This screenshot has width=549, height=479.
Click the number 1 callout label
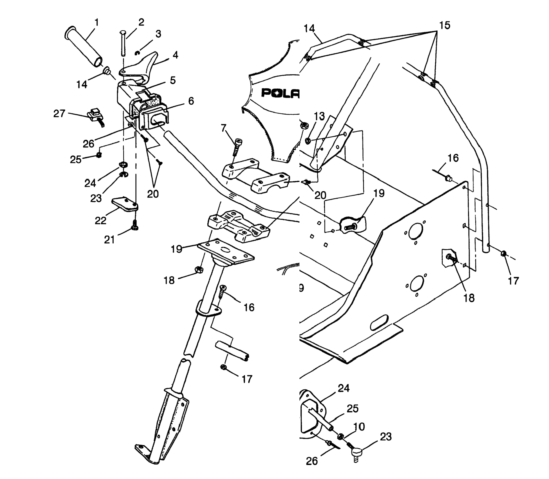[97, 22]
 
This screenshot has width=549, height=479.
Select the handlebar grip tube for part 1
[84, 47]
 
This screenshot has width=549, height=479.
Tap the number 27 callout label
[59, 114]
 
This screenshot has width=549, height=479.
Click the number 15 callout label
[445, 25]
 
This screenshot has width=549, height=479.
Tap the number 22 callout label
[100, 220]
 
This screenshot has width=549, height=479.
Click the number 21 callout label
[109, 239]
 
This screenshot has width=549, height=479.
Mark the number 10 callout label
[359, 427]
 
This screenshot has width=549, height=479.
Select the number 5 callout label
[173, 80]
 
